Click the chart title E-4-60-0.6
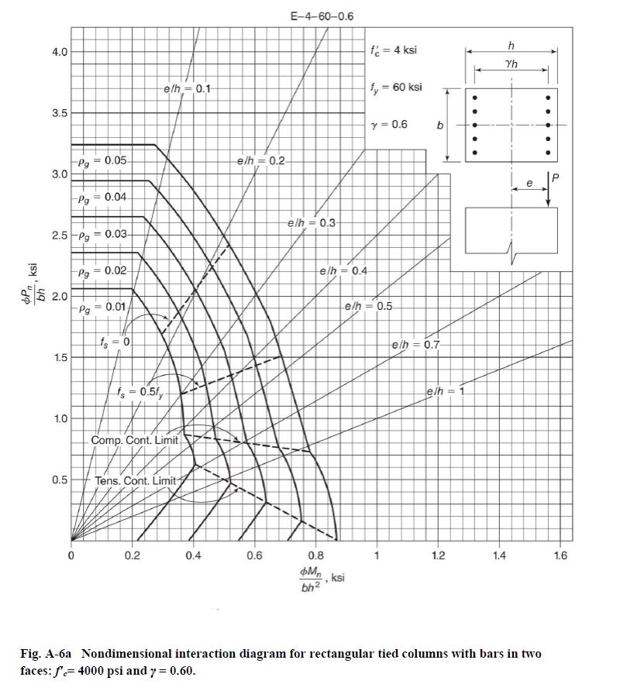[321, 15]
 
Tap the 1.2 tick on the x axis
[438, 555]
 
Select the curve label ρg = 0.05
[105, 160]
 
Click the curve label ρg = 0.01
[105, 308]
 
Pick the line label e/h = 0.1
[187, 89]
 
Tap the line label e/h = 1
[444, 390]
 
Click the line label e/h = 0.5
[368, 306]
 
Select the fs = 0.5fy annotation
[139, 391]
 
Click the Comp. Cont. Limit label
[135, 440]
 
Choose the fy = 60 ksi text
[397, 87]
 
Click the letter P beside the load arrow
[555, 180]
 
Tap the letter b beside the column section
[439, 125]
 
